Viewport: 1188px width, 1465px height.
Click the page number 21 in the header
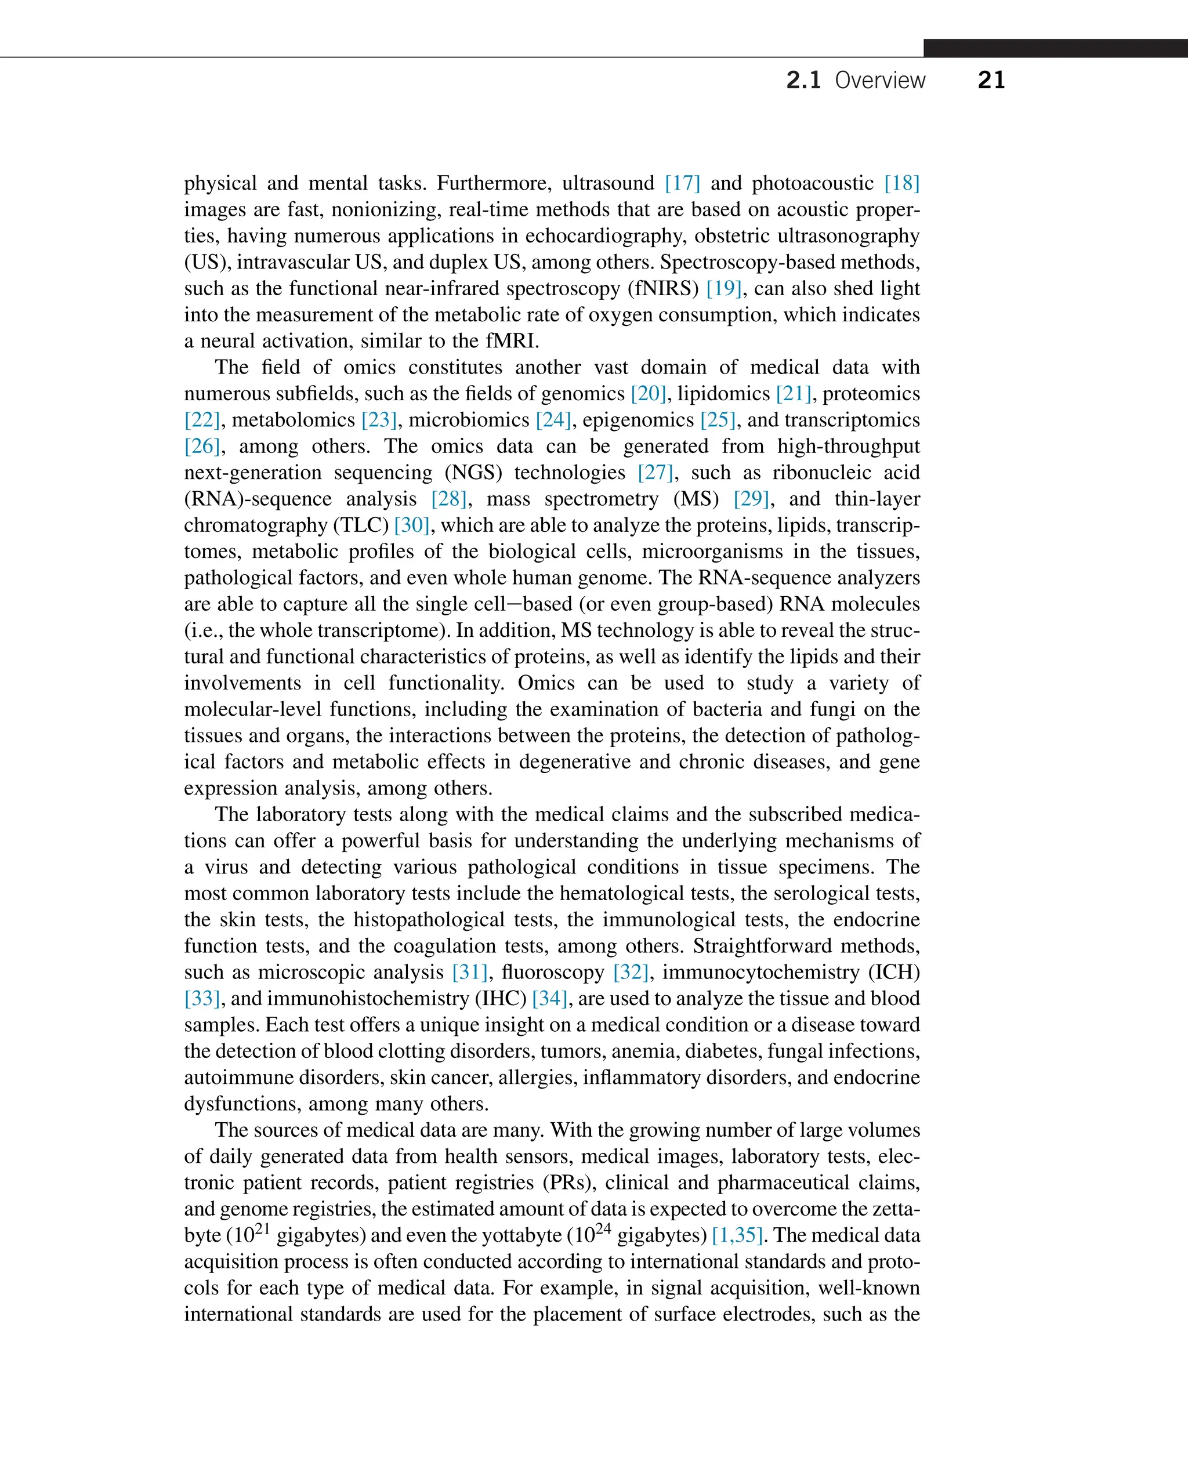pyautogui.click(x=991, y=80)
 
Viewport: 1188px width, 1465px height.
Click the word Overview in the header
pyautogui.click(x=879, y=80)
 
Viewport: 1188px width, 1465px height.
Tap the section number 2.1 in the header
pyautogui.click(x=803, y=80)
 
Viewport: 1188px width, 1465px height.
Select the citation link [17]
pyautogui.click(x=682, y=183)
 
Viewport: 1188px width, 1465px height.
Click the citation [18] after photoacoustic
pyautogui.click(x=901, y=183)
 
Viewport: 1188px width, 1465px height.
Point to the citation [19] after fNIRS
pyautogui.click(x=724, y=288)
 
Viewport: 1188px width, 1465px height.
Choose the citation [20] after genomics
pyautogui.click(x=648, y=393)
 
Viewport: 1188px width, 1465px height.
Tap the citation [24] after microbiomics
pyautogui.click(x=553, y=419)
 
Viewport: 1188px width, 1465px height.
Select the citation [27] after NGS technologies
pyautogui.click(x=655, y=472)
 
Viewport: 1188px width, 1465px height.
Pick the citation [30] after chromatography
pyautogui.click(x=411, y=525)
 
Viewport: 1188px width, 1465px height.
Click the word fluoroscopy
pyautogui.click(x=553, y=973)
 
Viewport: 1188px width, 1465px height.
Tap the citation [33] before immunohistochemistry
pyautogui.click(x=202, y=998)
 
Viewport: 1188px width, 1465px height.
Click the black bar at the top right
pyautogui.click(x=1055, y=48)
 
